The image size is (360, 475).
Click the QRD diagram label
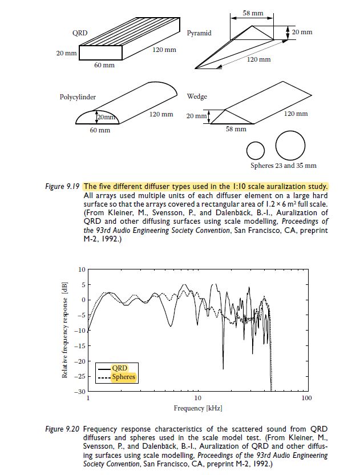click(x=79, y=33)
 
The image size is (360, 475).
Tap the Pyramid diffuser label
click(x=199, y=33)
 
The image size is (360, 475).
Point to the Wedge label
click(x=197, y=96)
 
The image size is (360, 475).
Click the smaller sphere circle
click(x=256, y=150)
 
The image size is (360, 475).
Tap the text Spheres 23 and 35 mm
click(x=283, y=166)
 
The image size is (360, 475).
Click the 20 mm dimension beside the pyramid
click(x=302, y=33)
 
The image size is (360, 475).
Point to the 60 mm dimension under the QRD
click(x=104, y=66)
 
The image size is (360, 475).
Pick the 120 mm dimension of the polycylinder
click(x=161, y=114)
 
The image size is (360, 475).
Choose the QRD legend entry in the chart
click(x=119, y=368)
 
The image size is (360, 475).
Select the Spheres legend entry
click(x=123, y=377)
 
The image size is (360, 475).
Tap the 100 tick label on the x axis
click(x=306, y=398)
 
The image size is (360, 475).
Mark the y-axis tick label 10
click(x=82, y=268)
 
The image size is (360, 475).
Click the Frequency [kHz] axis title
click(x=197, y=408)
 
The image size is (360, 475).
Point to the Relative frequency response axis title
click(x=65, y=330)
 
